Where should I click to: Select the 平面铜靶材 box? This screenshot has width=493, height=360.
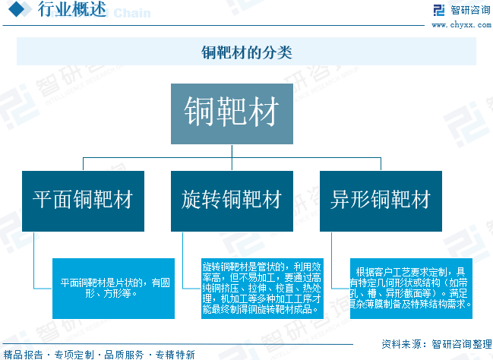click(x=83, y=201)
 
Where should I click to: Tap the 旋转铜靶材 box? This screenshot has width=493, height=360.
click(x=232, y=201)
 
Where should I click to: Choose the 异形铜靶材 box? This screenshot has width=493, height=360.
click(x=381, y=201)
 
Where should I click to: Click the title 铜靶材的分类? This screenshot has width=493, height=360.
click(x=246, y=52)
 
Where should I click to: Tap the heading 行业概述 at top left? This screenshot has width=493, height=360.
click(x=69, y=11)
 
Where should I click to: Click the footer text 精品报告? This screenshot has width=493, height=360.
click(x=23, y=354)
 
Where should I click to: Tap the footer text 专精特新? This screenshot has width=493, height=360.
click(x=175, y=354)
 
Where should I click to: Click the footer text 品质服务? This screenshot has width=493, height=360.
click(x=124, y=354)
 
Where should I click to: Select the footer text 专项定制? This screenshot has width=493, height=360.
click(x=74, y=354)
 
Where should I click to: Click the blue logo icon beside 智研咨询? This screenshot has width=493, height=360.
click(x=438, y=10)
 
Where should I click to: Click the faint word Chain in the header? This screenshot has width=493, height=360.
click(x=133, y=13)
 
